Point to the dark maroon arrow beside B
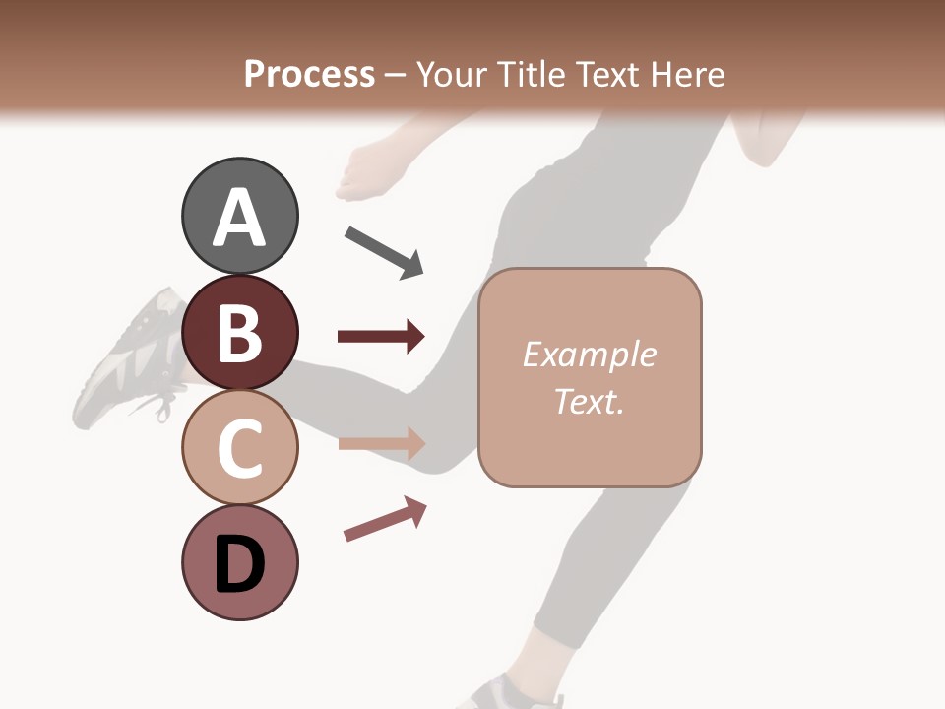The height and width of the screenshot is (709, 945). click(381, 337)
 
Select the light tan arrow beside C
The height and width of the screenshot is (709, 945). click(381, 444)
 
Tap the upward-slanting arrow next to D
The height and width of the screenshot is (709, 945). click(385, 520)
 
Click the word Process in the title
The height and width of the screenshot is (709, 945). click(309, 75)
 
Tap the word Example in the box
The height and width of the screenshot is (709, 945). click(589, 354)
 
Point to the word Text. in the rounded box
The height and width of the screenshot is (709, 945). click(589, 402)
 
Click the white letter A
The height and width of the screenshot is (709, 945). click(239, 219)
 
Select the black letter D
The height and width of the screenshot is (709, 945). click(239, 566)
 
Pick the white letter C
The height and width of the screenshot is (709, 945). click(239, 449)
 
